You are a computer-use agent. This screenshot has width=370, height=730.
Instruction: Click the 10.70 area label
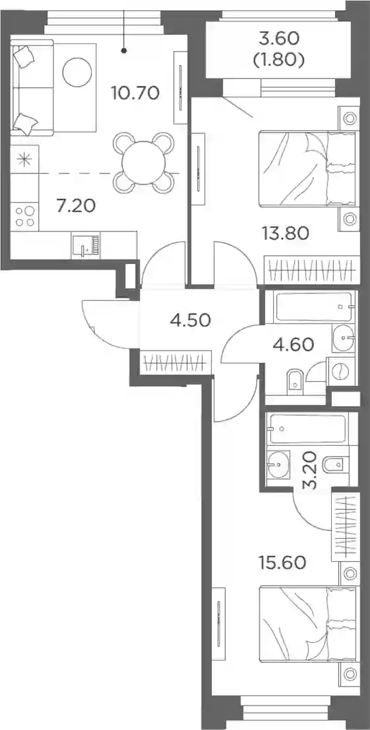(135, 94)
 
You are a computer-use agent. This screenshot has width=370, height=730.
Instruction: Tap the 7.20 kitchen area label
(76, 205)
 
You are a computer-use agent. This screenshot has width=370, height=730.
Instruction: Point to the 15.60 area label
(283, 563)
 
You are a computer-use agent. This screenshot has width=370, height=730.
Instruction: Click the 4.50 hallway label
(191, 321)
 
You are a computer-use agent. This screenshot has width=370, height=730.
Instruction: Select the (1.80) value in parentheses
(279, 61)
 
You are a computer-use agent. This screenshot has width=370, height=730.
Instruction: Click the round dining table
(144, 163)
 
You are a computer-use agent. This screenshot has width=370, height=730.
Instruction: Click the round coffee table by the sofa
(77, 72)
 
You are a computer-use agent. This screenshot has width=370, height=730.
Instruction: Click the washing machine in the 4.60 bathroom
(342, 371)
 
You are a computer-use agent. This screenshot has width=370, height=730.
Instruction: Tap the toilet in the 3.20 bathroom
(334, 464)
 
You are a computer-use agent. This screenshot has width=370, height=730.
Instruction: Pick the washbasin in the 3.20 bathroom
(278, 464)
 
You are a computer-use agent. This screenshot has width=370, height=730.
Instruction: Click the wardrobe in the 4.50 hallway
(175, 361)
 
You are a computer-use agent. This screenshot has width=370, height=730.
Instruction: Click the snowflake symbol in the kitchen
(23, 159)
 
